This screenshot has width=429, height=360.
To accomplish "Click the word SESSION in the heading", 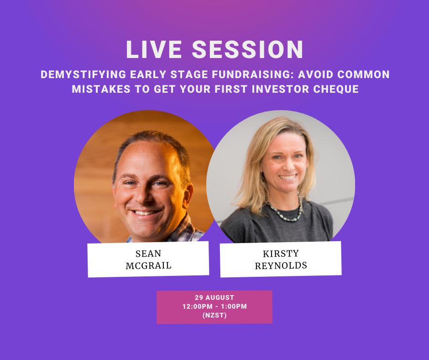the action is [248, 50].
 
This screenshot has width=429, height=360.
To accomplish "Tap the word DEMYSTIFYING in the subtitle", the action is [84, 74].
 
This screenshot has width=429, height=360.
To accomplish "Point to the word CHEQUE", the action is [336, 89].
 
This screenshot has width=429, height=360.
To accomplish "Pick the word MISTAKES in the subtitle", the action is [101, 89].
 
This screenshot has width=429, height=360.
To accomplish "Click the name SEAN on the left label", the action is [148, 254].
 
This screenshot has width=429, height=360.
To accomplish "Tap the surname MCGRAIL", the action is [149, 265].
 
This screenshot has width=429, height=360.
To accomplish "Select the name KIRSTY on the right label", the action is [281, 254].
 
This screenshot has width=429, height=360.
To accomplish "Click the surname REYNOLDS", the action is [281, 265].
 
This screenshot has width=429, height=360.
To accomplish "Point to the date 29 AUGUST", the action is [214, 297].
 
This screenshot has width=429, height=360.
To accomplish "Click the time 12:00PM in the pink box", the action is [198, 306].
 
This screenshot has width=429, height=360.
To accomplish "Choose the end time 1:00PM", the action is [234, 306].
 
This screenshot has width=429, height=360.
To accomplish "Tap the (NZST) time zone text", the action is [214, 315].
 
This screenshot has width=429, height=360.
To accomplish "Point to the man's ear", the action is [188, 196].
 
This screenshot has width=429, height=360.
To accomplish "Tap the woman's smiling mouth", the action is [287, 177].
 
